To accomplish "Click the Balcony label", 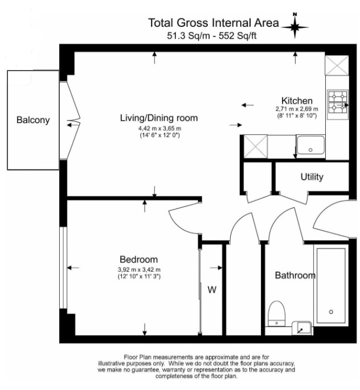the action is [x=33, y=120].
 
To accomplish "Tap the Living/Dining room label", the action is [x=159, y=118].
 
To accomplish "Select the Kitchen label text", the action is [x=297, y=101].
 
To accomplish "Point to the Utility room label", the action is [x=312, y=177].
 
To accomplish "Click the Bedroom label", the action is [x=139, y=260].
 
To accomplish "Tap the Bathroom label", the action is [x=295, y=276].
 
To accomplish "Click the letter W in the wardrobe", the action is [x=212, y=290].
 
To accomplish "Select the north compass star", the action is [x=295, y=26].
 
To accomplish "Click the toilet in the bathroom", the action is [x=277, y=313].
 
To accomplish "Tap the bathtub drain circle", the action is [x=331, y=312].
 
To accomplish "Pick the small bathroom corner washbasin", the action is [x=302, y=328].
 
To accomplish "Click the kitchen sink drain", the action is [x=310, y=150].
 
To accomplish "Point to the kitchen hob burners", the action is [x=338, y=104].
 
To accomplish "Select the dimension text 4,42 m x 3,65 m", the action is [x=159, y=129].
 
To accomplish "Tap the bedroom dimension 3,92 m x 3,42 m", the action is [x=139, y=270].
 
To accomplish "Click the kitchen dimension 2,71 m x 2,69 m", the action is [x=297, y=109].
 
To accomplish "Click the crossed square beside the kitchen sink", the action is [x=256, y=146].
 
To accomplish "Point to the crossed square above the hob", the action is [x=337, y=65].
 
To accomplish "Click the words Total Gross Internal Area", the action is [x=214, y=23].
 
